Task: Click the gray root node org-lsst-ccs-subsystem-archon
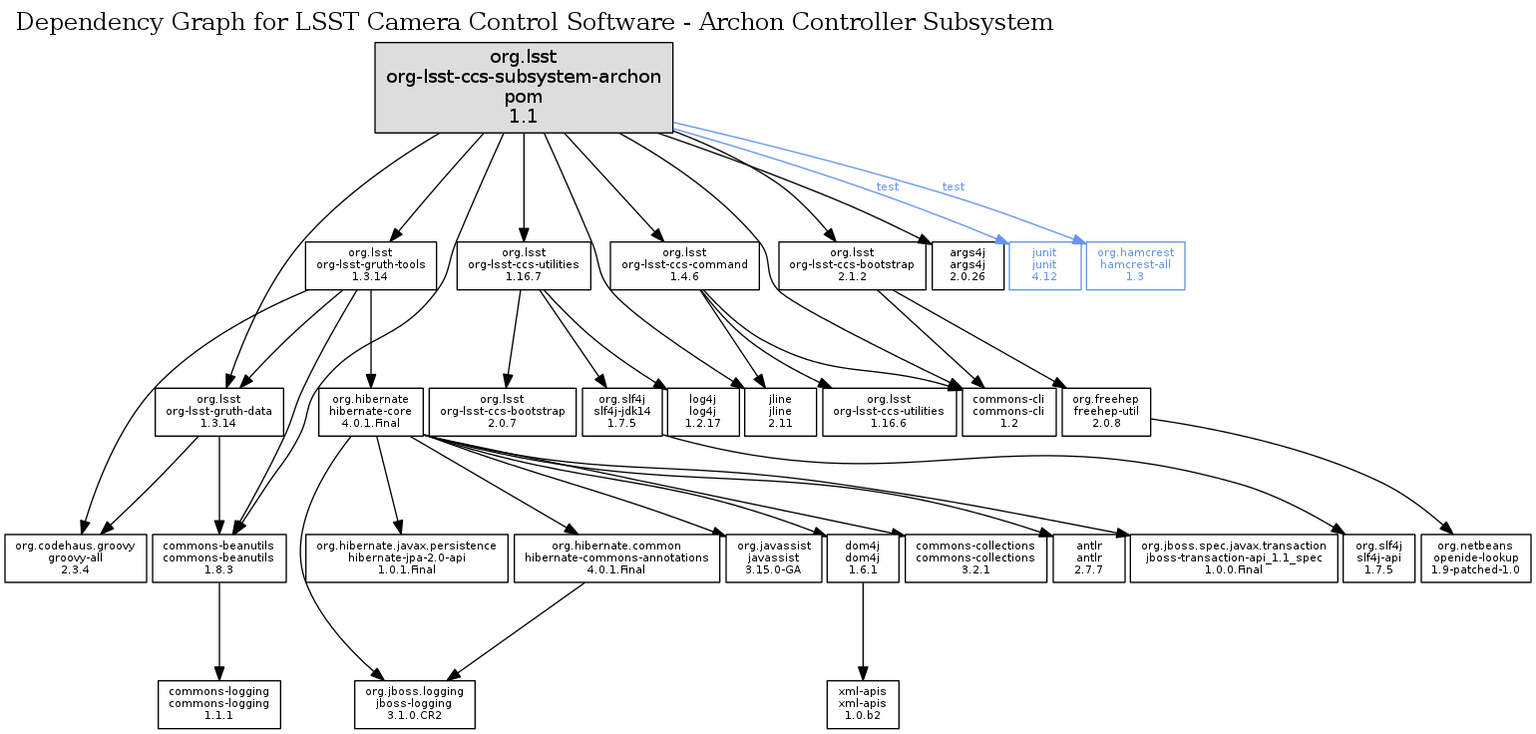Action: (x=524, y=88)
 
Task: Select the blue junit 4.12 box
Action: (x=1044, y=265)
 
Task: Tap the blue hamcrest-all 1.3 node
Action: (x=1135, y=265)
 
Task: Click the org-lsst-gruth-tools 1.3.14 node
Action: (x=370, y=265)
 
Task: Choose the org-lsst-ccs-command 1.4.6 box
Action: (x=684, y=265)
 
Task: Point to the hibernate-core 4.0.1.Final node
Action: (x=370, y=412)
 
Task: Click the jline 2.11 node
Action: (x=780, y=412)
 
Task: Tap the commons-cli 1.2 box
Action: (x=1007, y=412)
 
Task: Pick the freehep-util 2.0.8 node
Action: (x=1106, y=412)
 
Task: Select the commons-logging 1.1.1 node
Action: (x=219, y=704)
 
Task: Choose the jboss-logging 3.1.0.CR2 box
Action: (x=415, y=704)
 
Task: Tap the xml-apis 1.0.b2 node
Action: (x=863, y=704)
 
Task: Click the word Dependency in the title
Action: (x=77, y=22)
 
